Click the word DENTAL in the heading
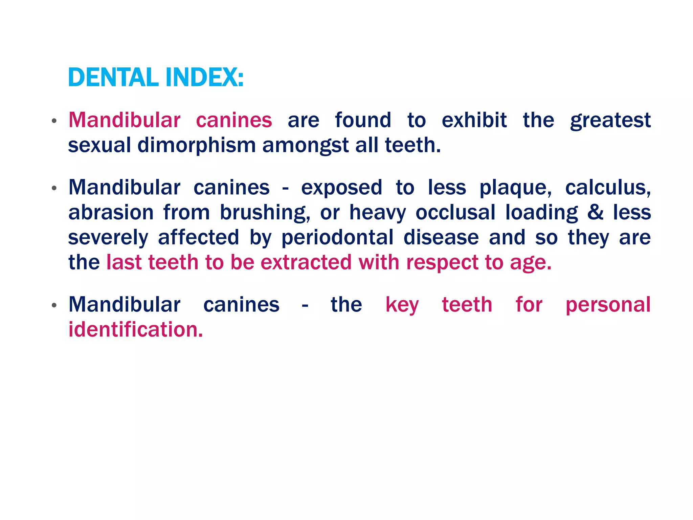pos(113,78)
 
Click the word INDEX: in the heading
pos(204,78)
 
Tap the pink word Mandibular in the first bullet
pos(124,120)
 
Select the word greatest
pos(610,121)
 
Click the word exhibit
pos(474,120)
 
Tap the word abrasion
pos(111,213)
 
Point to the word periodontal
pos(337,238)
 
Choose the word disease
pos(441,237)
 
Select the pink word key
pos(402,305)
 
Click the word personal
pos(608,305)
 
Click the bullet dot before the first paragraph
pos(54,121)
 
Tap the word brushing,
pos(265,213)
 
